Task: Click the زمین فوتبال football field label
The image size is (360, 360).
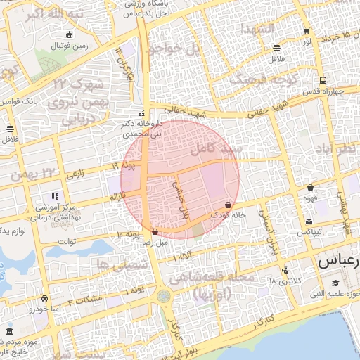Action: (x=70, y=46)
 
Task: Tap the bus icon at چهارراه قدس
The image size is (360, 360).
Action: (x=322, y=80)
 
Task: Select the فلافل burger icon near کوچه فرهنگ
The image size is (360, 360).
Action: (x=276, y=49)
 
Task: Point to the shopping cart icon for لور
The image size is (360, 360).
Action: (x=307, y=32)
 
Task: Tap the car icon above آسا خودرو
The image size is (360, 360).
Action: (x=45, y=298)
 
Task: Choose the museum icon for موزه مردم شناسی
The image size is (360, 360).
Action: (x=9, y=331)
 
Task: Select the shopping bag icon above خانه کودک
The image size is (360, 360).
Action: (x=229, y=205)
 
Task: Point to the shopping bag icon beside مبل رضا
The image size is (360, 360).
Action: (x=155, y=231)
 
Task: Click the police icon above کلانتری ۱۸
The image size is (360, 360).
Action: (x=284, y=271)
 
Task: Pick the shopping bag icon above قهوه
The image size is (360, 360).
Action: (x=310, y=188)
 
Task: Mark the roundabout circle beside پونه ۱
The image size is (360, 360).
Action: (x=164, y=296)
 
